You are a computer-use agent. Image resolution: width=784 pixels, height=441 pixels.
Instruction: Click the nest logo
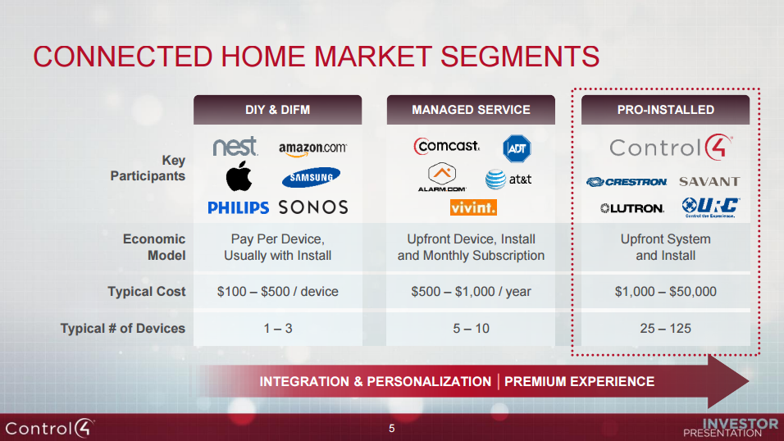tap(235, 148)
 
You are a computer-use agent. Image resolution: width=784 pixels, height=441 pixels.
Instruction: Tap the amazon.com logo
tap(312, 148)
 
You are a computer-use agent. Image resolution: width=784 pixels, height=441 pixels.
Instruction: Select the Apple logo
tap(239, 176)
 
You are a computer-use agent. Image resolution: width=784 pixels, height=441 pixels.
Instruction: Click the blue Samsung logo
tap(311, 177)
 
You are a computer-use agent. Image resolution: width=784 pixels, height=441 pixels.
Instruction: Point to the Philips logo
tap(238, 207)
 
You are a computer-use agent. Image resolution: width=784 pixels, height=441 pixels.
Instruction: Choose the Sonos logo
tap(313, 207)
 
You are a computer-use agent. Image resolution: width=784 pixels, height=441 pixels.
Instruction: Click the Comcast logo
tap(447, 146)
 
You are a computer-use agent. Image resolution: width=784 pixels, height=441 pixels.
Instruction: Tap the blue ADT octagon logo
tap(517, 148)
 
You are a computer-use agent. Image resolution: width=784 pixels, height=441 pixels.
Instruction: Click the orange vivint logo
tap(473, 208)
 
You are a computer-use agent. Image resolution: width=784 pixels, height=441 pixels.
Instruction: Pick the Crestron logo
tap(627, 181)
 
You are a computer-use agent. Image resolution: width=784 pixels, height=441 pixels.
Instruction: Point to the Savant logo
tap(709, 181)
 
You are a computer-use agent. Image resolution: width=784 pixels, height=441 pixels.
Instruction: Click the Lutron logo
tap(631, 208)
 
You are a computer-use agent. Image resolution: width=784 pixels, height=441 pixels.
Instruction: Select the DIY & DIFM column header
tap(277, 110)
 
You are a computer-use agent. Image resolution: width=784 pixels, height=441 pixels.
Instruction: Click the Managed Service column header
tap(471, 110)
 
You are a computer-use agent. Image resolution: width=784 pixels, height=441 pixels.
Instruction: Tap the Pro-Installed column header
tap(665, 110)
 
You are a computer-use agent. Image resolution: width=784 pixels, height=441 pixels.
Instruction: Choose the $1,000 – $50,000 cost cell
tap(665, 292)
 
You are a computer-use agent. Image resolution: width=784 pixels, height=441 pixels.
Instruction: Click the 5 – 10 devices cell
tap(471, 329)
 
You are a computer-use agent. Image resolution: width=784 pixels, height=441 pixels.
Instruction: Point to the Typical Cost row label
tap(146, 292)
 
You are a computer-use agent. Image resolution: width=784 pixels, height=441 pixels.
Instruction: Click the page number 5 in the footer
tap(391, 429)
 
